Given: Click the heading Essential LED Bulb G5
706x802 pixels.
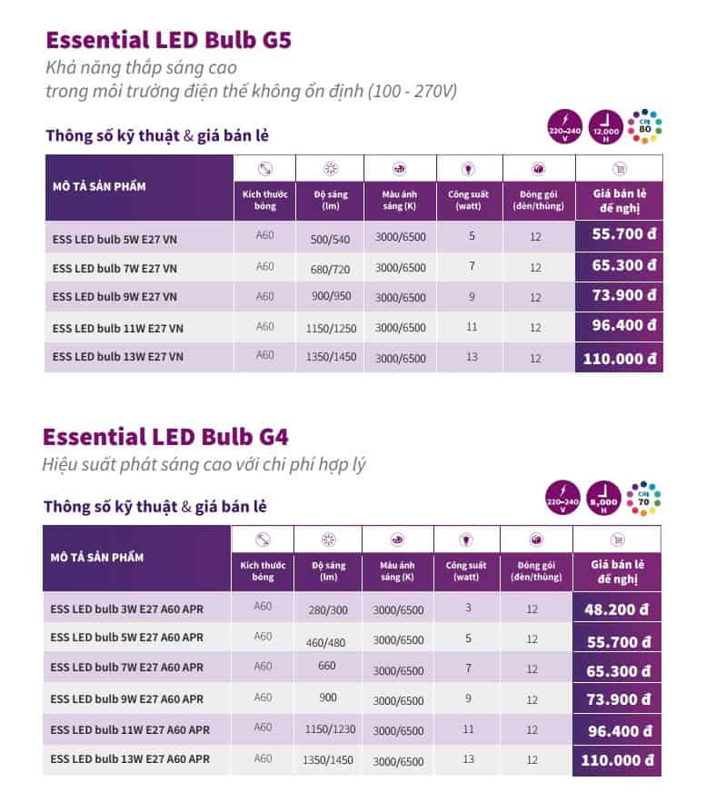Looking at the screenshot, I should (168, 41).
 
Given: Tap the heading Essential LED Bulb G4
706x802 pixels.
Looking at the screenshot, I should (166, 436).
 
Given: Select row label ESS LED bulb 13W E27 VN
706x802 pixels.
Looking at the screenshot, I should (118, 357).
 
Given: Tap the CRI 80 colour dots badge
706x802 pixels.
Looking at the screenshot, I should (644, 128).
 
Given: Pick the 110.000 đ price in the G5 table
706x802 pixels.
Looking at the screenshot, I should (620, 358).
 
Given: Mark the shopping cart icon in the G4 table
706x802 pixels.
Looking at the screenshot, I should (619, 539).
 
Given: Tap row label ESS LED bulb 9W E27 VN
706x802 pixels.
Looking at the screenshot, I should (114, 297).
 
